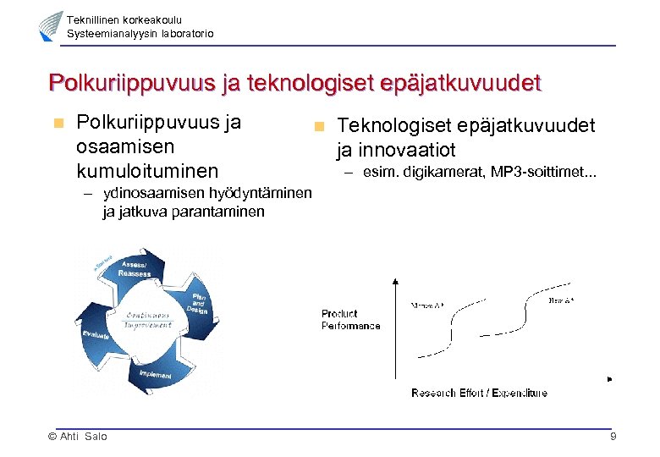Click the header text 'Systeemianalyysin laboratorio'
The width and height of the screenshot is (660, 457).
[140, 34]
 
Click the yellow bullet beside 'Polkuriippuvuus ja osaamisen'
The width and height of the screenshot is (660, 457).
[57, 124]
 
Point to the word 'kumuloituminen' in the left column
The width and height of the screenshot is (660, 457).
[147, 170]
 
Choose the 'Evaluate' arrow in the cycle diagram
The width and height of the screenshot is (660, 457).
[96, 334]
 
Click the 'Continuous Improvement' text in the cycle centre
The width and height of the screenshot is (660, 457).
[147, 318]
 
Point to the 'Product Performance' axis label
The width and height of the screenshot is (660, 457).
[350, 320]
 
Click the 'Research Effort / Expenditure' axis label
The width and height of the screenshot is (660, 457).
[479, 393]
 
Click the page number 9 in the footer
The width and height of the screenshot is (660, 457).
[613, 437]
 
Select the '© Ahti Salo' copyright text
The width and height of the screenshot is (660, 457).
[78, 437]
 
